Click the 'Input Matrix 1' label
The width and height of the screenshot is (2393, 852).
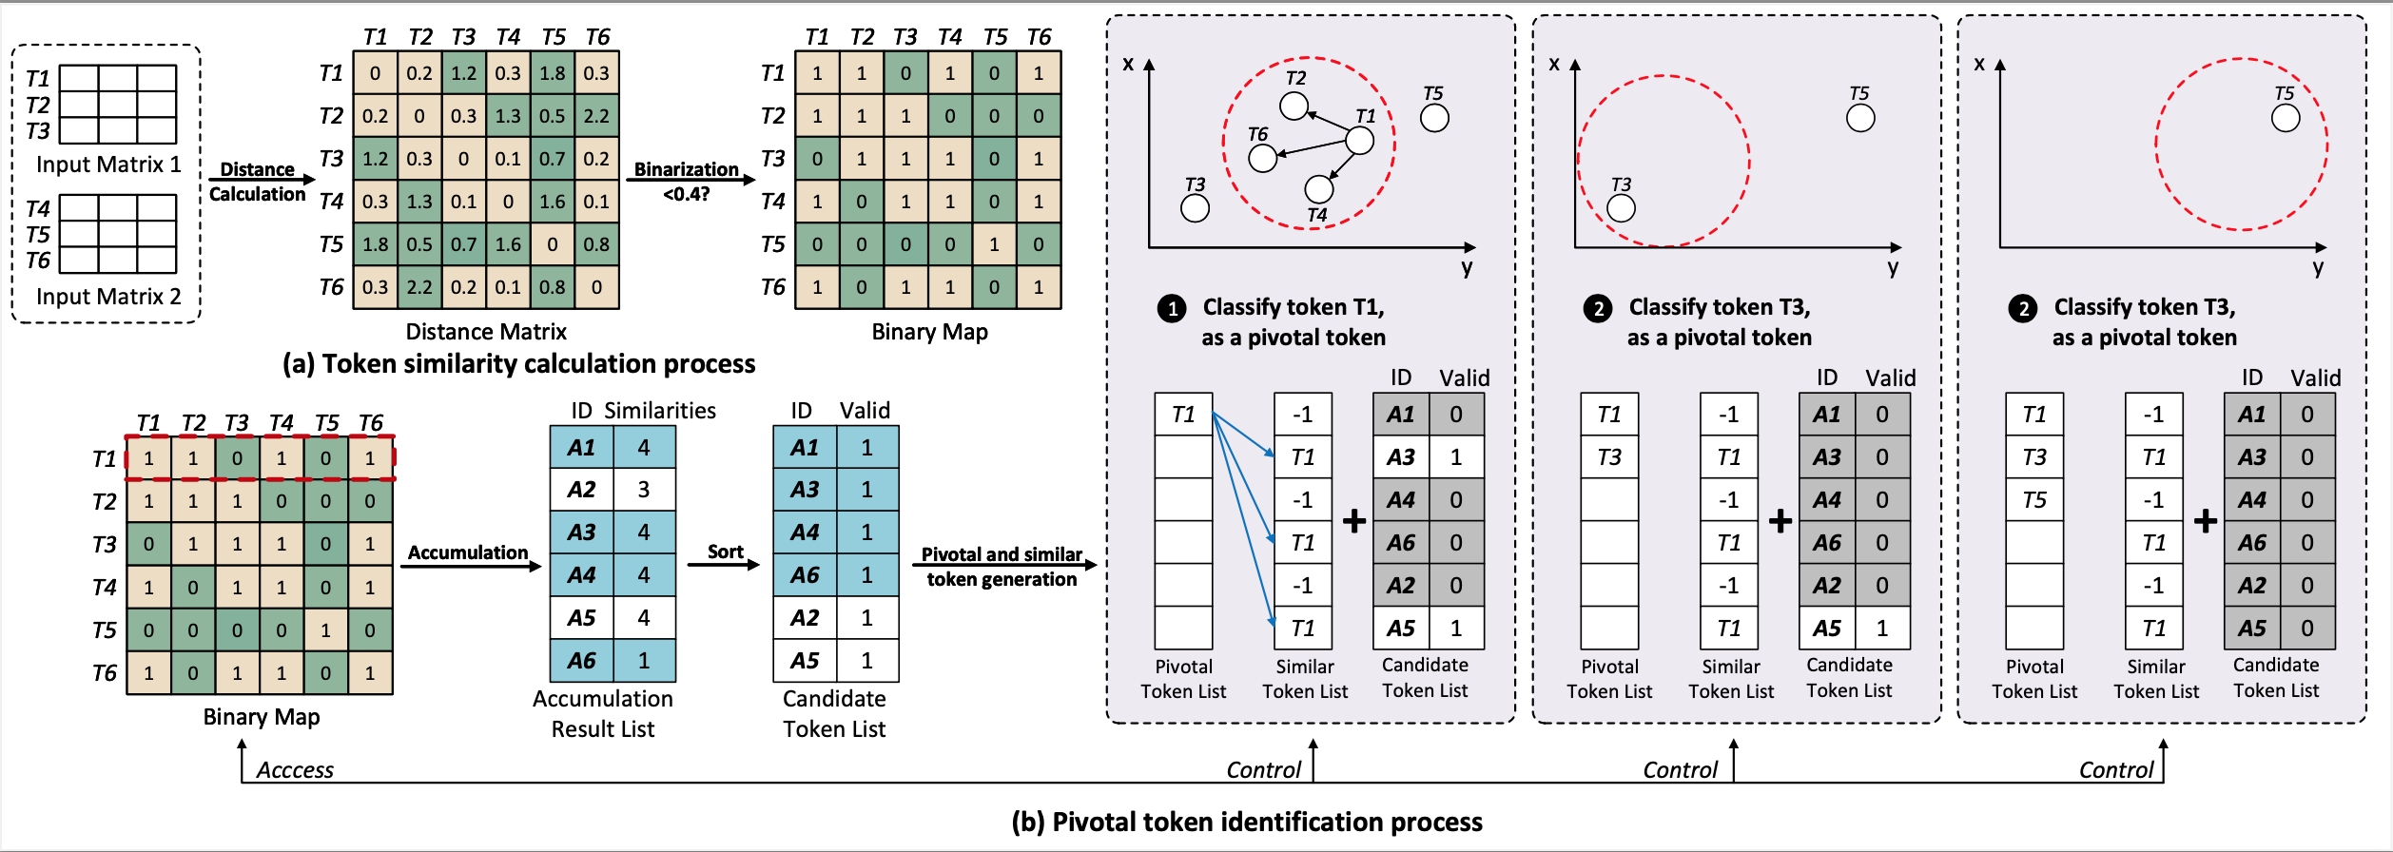108,165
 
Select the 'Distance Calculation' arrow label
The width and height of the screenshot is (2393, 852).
257,182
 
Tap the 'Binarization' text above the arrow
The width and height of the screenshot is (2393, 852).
686,169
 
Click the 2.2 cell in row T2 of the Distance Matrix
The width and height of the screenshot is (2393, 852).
596,116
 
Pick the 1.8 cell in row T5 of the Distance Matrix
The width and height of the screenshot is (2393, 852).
375,244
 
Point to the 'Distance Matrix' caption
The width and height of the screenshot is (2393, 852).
486,332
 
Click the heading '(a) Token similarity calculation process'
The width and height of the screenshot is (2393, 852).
518,364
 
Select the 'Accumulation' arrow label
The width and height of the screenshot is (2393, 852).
467,552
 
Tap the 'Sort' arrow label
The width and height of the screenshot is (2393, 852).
725,552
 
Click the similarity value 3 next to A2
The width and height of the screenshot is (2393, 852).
644,490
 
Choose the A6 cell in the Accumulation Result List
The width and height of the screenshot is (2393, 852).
581,661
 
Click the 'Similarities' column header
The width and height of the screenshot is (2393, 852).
660,411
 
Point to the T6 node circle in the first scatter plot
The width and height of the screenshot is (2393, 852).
1262,158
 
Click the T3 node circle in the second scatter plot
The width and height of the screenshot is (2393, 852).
1621,208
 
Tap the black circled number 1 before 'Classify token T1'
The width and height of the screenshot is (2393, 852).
1172,308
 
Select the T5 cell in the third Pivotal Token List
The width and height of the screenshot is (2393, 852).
2034,500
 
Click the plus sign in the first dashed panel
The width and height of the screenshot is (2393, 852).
1354,521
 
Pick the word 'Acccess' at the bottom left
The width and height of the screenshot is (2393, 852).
295,770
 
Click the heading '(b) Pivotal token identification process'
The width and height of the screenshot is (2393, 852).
1246,823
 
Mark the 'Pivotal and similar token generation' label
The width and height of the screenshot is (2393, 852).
1002,567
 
